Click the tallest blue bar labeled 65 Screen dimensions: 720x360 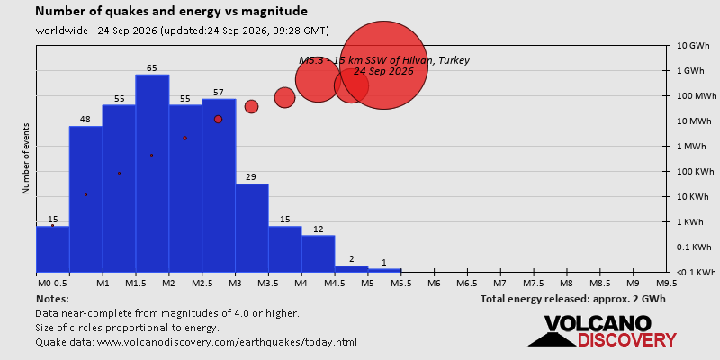click(x=152, y=173)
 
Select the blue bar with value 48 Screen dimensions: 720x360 click(x=85, y=199)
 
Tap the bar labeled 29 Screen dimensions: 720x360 click(x=252, y=228)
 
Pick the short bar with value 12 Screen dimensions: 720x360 click(x=319, y=254)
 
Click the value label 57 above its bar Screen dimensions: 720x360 click(x=219, y=93)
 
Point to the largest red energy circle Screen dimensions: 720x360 click(x=384, y=65)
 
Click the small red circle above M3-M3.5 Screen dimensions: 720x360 click(x=251, y=106)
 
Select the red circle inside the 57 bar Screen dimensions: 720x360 click(x=218, y=119)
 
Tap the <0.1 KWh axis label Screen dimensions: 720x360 click(x=697, y=273)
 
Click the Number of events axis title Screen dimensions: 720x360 click(x=26, y=158)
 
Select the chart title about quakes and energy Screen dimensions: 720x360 click(x=172, y=11)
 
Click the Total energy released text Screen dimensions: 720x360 click(x=573, y=299)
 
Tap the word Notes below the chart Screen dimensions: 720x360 click(x=52, y=299)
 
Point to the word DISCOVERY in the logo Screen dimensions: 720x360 click(x=626, y=339)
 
